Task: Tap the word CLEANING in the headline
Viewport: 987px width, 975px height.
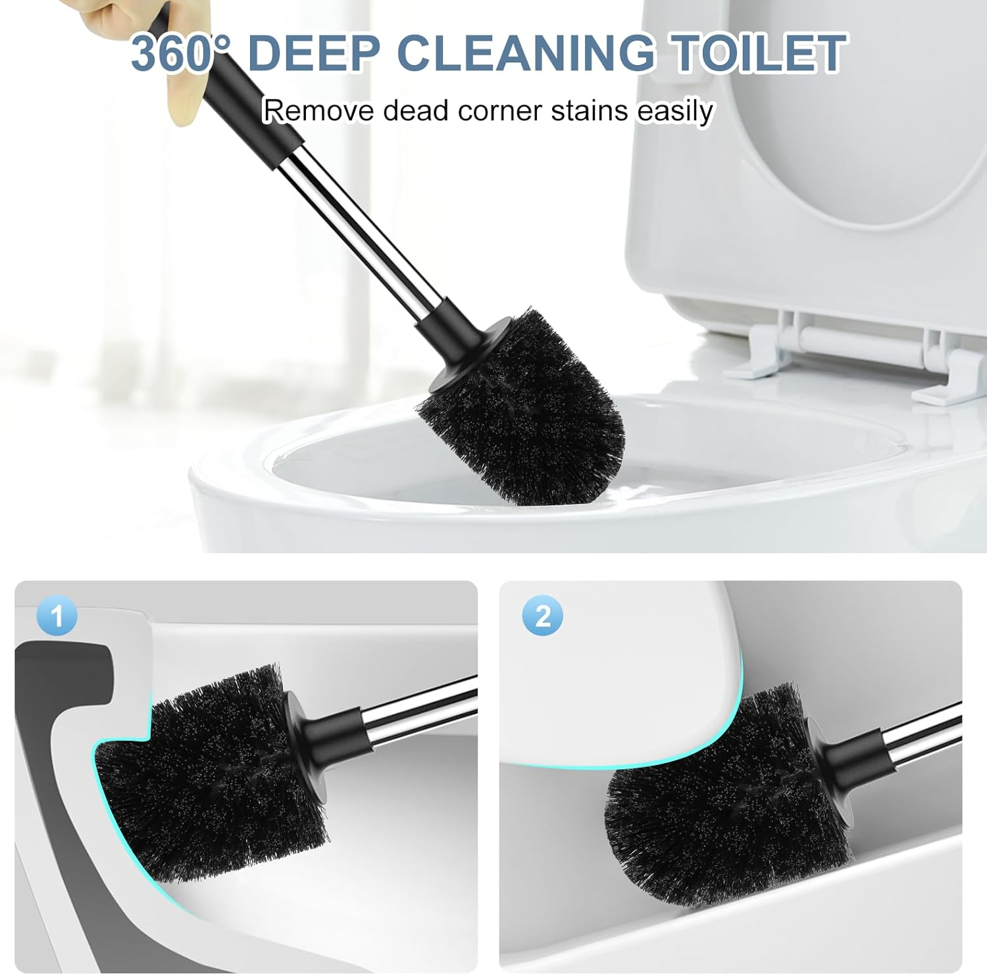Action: point(526,53)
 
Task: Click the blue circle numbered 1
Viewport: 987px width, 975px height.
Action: point(57,616)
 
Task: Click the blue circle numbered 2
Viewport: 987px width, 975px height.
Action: point(543,616)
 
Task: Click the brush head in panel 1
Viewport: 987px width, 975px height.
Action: point(211,776)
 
